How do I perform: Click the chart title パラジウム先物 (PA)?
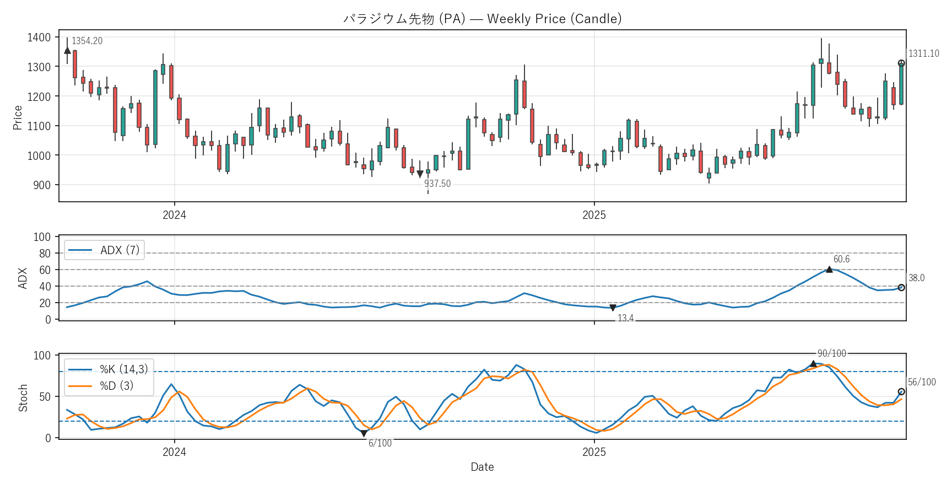coord(482,19)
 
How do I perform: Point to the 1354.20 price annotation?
coord(87,41)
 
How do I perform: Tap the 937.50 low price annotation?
coord(437,184)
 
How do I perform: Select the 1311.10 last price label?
coord(924,53)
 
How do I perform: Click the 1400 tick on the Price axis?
coord(39,37)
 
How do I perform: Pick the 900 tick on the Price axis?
coord(42,185)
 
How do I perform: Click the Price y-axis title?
coord(18,117)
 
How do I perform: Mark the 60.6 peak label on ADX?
coord(841,259)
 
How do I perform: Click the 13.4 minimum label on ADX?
coord(625,318)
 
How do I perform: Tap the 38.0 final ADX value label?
coord(916,278)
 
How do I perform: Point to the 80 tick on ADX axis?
coord(45,254)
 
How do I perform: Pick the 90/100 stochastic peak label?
coord(831,353)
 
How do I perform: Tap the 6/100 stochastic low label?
coord(380,443)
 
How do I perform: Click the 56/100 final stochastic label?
coord(922,382)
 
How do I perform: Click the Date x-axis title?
coord(482,467)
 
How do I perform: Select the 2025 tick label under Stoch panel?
coord(594,452)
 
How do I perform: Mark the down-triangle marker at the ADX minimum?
coord(613,308)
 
